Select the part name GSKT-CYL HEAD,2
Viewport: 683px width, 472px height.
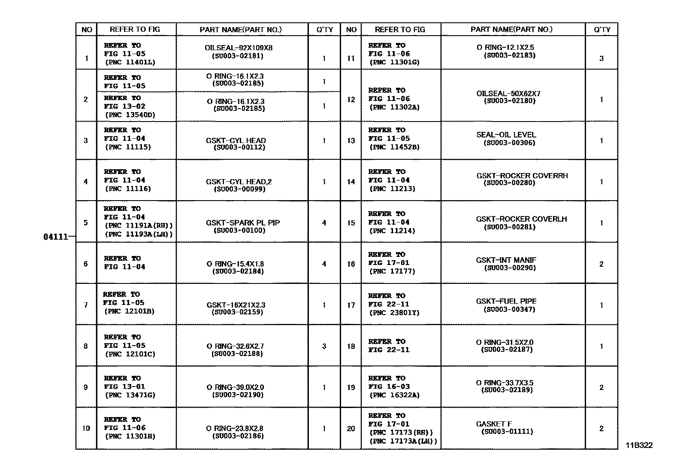239,182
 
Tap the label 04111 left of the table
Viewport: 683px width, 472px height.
56,237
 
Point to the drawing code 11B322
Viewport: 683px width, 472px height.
638,445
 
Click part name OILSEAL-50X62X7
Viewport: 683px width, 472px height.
508,94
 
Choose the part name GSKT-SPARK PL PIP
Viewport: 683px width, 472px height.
243,222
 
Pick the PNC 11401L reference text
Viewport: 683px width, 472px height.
130,62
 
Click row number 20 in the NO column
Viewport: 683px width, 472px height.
351,429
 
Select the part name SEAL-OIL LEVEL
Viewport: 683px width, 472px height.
506,135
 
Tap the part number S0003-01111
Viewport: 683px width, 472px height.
507,432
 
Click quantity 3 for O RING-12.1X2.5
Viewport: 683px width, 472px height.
601,58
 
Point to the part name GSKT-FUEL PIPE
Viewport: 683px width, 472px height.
506,301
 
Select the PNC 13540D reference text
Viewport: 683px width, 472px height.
130,115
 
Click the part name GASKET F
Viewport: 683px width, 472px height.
494,424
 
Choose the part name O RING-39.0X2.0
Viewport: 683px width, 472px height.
235,387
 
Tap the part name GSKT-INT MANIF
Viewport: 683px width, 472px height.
506,260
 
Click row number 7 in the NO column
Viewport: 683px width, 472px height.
86,305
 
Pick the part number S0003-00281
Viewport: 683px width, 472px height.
510,227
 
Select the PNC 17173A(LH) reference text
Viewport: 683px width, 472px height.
403,441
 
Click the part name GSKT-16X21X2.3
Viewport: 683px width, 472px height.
236,305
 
